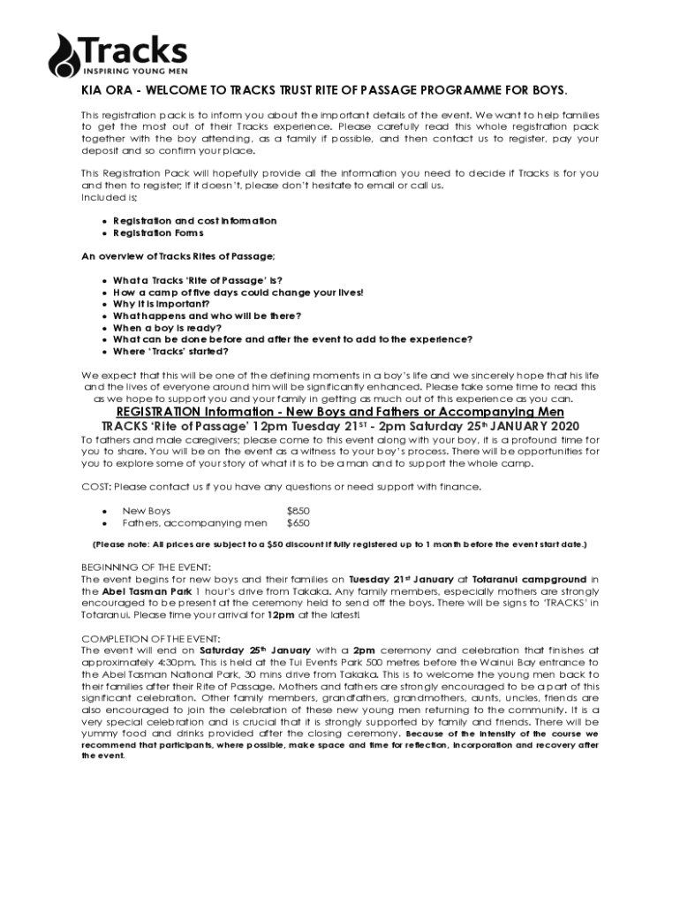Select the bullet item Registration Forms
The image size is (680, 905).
[x=158, y=233]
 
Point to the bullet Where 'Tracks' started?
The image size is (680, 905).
[x=170, y=351]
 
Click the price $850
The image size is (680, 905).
[x=298, y=511]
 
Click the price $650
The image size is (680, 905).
[x=298, y=522]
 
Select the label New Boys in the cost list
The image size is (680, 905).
[x=146, y=511]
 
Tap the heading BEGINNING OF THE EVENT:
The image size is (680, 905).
[x=146, y=567]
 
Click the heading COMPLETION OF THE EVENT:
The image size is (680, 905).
[x=150, y=637]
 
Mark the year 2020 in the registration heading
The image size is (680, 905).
[x=552, y=426]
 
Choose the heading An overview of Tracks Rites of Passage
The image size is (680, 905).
[x=178, y=256]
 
